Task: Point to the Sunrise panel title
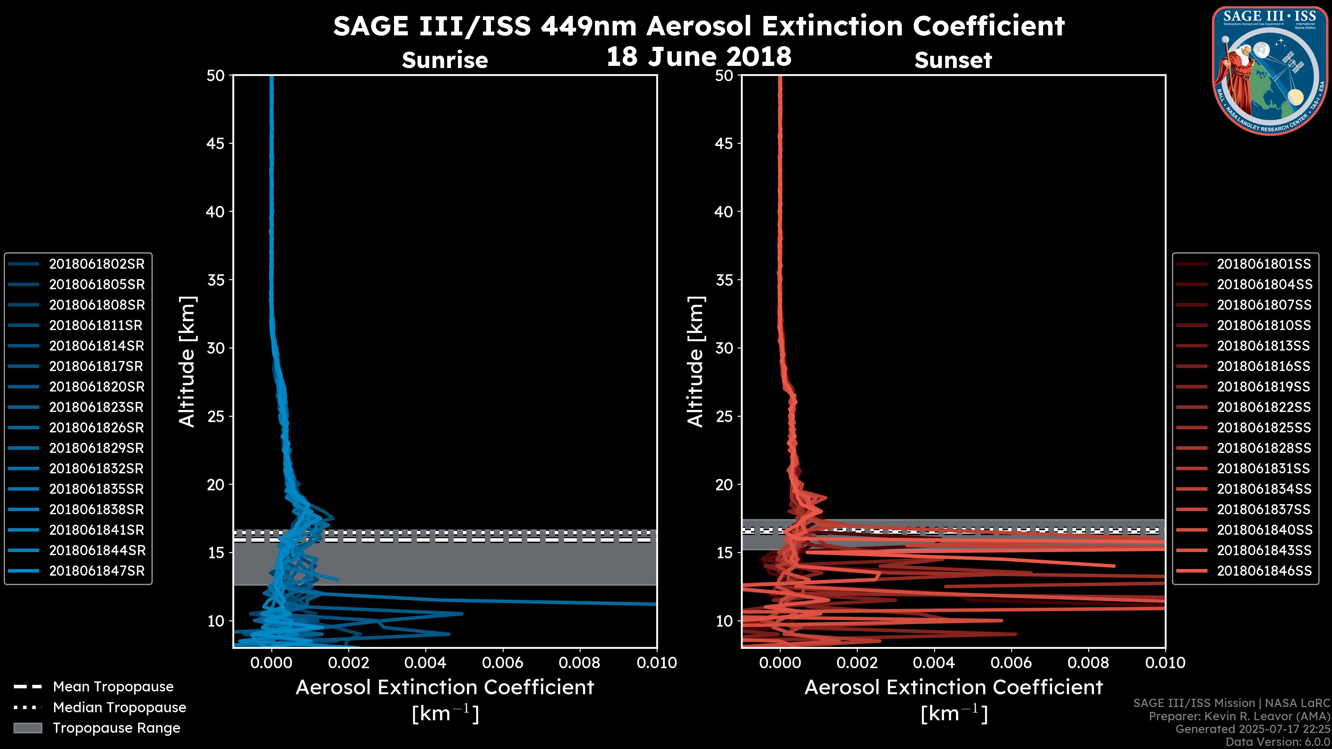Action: click(x=445, y=60)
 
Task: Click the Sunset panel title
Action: click(x=953, y=60)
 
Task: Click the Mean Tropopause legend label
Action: click(x=113, y=687)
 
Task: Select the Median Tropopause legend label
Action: click(x=119, y=708)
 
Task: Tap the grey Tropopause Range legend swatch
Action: click(x=27, y=728)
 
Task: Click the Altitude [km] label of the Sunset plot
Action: click(x=696, y=361)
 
